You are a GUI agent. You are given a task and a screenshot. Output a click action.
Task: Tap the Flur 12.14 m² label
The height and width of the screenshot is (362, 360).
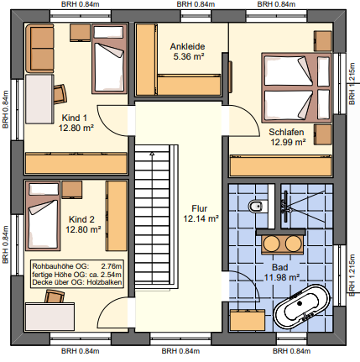pos(201,212)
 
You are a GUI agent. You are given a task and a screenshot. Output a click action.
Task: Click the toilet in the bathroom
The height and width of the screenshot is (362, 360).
pos(258,207)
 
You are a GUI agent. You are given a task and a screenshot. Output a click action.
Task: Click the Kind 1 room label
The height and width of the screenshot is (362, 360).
pos(75,118)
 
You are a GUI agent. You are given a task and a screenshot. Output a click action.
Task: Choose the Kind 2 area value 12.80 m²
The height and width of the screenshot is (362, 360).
pos(84,228)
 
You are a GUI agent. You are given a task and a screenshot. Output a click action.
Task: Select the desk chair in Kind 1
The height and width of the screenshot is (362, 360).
pos(60,90)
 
